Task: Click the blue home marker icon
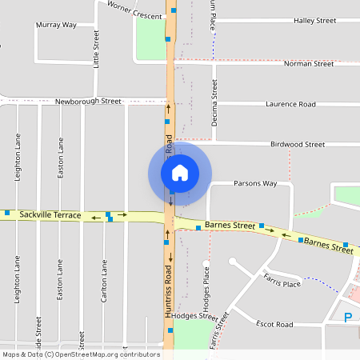[x=180, y=172]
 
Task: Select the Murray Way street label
[x=56, y=25]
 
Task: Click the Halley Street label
[x=314, y=20]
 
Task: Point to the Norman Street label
[x=308, y=63]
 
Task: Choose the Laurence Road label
[x=290, y=104]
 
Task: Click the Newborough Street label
[x=88, y=102]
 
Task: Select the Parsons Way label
[x=254, y=183]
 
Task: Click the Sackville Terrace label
[x=50, y=215]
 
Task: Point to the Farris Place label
[x=282, y=279]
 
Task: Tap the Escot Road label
[x=274, y=325]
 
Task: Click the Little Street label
[x=96, y=48]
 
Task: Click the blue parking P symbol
[x=347, y=318]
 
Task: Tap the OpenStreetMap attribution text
[x=80, y=354]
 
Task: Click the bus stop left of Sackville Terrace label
[x=7, y=213]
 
